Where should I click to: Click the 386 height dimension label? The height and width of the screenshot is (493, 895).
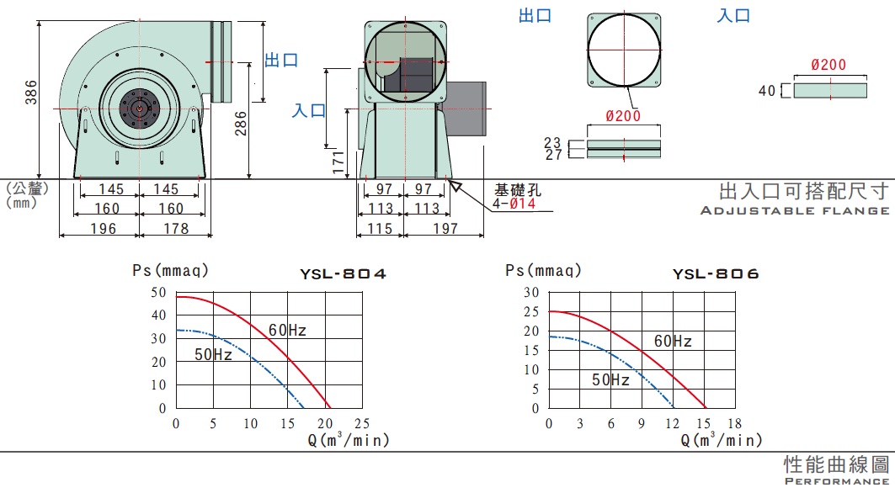(x=31, y=92)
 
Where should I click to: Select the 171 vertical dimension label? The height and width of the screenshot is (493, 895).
(x=338, y=162)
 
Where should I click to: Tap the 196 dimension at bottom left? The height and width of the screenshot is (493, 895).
(x=104, y=228)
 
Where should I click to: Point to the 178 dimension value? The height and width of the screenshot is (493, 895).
(x=176, y=228)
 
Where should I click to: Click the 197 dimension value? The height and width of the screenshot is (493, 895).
(x=445, y=228)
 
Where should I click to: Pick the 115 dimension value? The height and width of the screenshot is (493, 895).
(x=380, y=228)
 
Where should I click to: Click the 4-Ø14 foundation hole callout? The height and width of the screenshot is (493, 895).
(x=514, y=204)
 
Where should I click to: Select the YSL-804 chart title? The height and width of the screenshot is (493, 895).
(x=343, y=274)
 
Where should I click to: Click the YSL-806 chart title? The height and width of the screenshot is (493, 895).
(x=716, y=274)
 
